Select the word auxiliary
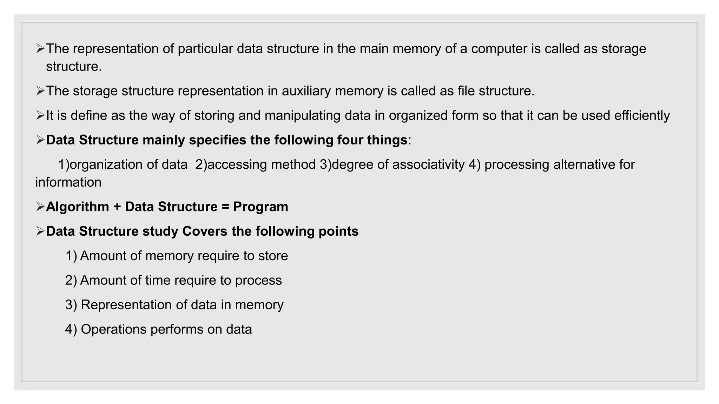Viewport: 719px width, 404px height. (306, 91)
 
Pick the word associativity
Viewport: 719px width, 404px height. (428, 164)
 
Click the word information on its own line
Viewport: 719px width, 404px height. (68, 182)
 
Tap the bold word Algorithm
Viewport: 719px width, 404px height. (77, 207)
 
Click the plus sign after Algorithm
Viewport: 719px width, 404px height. (117, 207)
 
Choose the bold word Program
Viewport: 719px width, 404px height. (260, 207)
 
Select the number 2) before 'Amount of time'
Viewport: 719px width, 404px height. (71, 280)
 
